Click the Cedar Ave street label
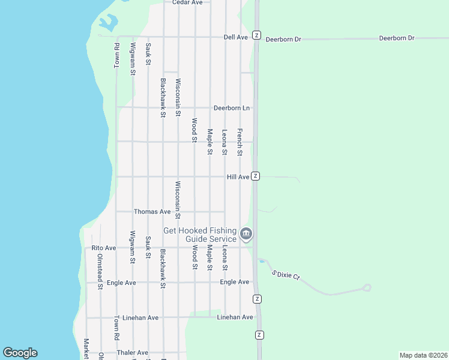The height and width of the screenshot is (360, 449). pos(187,2)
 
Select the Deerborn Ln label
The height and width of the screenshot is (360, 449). pos(231,108)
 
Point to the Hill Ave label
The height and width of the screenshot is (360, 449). pos(238,177)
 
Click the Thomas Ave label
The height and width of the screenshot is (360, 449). pos(152,212)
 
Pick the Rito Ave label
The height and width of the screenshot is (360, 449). pos(103,248)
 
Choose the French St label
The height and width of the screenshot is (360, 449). pos(240,142)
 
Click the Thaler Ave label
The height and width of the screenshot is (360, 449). pos(133,353)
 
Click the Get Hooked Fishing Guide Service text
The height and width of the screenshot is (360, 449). pos(200,235)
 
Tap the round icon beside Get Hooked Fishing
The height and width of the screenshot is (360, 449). pos(246,234)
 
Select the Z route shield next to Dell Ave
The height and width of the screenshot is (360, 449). pos(256,35)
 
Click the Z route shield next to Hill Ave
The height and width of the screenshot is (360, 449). pos(256,176)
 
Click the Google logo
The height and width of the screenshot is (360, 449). pos(20,353)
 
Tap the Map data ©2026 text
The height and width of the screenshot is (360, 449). pos(423,355)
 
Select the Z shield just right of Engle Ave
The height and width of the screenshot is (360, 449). pos(257,299)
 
